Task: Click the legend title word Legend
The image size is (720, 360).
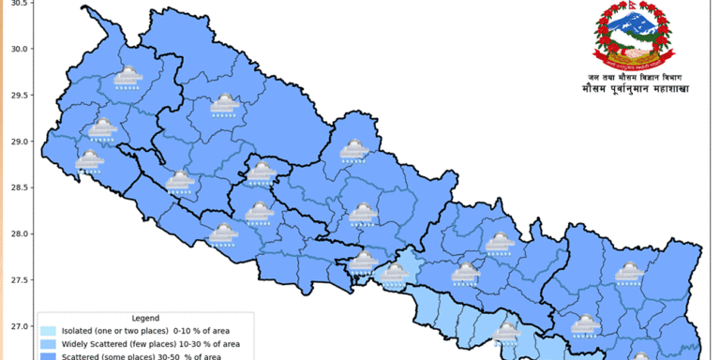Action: pyautogui.click(x=144, y=319)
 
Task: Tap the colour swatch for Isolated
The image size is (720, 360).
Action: pyautogui.click(x=48, y=331)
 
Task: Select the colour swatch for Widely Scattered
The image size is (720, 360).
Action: pyautogui.click(x=48, y=344)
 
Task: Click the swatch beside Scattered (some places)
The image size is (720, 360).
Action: pyautogui.click(x=48, y=356)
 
